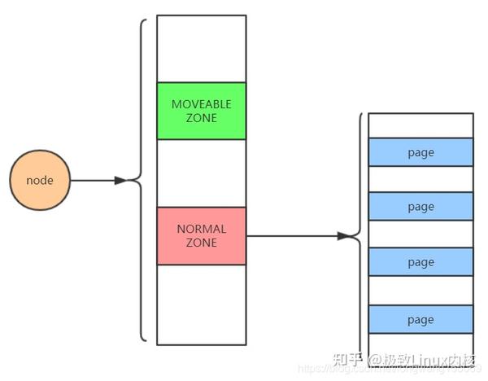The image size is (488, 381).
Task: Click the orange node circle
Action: [x=40, y=180]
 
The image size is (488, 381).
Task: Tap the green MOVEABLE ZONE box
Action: [x=201, y=111]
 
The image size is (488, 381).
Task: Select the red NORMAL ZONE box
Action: [x=201, y=235]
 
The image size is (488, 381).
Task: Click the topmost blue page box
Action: [x=420, y=152]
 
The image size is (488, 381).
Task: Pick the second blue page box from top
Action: [x=420, y=207]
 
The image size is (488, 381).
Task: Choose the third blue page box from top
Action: [x=420, y=262]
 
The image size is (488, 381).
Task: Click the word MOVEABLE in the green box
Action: [x=201, y=104]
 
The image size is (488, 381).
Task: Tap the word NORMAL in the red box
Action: [x=201, y=229]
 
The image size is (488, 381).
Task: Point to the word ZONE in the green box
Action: [x=201, y=118]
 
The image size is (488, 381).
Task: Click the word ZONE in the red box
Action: [x=201, y=243]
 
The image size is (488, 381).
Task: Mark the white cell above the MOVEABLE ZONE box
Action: [x=201, y=49]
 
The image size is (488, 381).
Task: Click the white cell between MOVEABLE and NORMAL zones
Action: [x=201, y=173]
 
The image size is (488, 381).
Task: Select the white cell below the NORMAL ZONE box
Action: [x=201, y=304]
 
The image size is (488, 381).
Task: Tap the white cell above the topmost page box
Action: [x=420, y=125]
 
